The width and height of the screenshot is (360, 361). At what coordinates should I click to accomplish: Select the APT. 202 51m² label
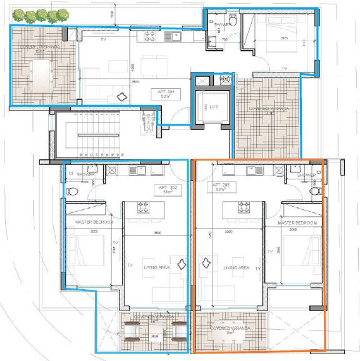click(x=162, y=189)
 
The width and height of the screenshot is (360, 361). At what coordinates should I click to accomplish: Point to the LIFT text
click(x=204, y=107)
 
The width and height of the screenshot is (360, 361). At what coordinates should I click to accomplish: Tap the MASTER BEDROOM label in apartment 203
click(x=297, y=223)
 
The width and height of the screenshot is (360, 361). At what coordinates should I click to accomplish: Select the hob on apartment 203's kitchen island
click(x=242, y=208)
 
